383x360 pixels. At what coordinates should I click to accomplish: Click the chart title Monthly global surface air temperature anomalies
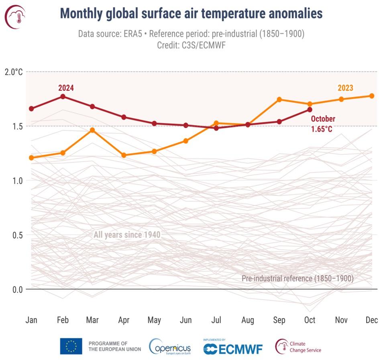(x=191, y=14)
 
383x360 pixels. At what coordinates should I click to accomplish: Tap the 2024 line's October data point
(x=310, y=110)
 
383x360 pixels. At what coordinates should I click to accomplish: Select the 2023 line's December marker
(x=372, y=96)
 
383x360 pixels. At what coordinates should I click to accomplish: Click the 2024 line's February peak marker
(x=63, y=96)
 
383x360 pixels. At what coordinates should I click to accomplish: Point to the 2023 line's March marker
(x=92, y=130)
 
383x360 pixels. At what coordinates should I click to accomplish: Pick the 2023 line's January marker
(x=31, y=158)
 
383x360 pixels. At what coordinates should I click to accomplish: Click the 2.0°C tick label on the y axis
(x=14, y=72)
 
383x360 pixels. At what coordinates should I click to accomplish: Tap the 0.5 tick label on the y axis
(x=16, y=235)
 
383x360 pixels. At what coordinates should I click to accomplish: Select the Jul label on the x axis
(x=216, y=320)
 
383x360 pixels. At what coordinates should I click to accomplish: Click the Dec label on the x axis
(x=371, y=320)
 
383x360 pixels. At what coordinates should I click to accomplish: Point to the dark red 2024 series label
(x=66, y=87)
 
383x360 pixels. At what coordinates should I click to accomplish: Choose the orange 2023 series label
(x=345, y=88)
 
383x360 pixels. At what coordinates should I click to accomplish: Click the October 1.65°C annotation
(x=322, y=124)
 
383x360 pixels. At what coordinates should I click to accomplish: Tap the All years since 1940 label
(x=127, y=235)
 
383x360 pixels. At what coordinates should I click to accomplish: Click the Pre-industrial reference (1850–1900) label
(x=297, y=278)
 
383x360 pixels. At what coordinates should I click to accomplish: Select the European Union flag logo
(x=71, y=346)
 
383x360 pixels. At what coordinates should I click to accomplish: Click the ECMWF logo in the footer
(x=233, y=348)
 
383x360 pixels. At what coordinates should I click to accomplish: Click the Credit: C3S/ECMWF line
(x=191, y=45)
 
